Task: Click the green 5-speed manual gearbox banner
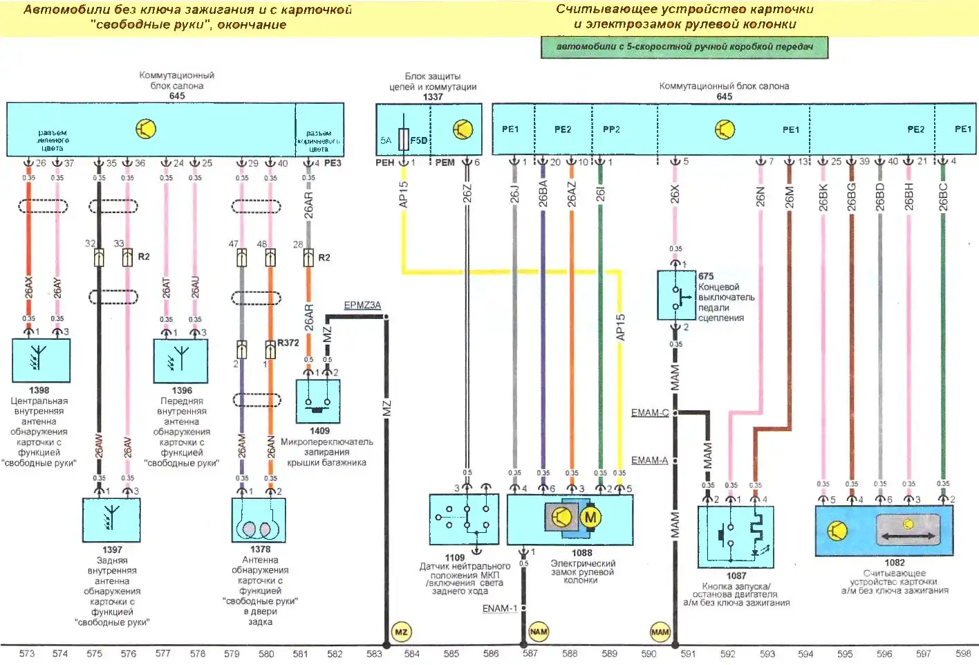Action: click(684, 47)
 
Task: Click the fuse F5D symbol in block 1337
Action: click(404, 140)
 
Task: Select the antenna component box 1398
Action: click(41, 360)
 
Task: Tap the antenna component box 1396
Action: click(180, 361)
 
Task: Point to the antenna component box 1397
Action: click(111, 520)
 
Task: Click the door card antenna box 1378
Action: click(259, 520)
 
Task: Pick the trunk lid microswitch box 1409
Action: click(318, 401)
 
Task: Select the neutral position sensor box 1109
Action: click(464, 519)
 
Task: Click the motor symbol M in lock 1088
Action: click(590, 517)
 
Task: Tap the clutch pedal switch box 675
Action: click(676, 295)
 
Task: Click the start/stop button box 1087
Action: click(736, 537)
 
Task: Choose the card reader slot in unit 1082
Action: click(907, 531)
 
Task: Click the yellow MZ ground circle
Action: click(401, 632)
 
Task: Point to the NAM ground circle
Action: click(538, 631)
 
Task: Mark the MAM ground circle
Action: click(660, 632)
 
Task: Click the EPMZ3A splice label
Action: click(362, 305)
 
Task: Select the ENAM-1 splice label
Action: click(499, 608)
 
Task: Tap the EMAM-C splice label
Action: click(649, 412)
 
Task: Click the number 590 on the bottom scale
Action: click(649, 653)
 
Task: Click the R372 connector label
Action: click(288, 343)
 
